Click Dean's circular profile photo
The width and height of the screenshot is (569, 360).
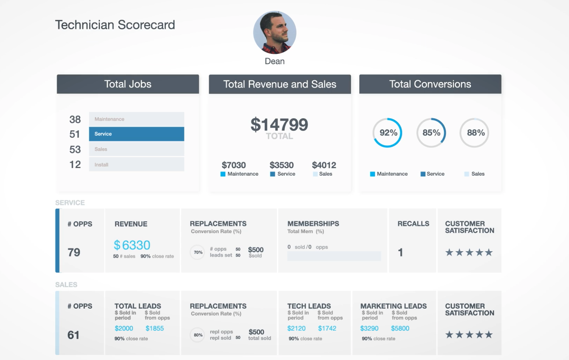click(x=275, y=33)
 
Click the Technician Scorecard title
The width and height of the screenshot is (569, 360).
click(x=115, y=25)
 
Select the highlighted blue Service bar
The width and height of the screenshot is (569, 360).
click(x=136, y=134)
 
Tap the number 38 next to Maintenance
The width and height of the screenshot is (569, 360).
click(x=75, y=119)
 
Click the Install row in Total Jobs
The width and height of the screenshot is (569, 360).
click(x=136, y=164)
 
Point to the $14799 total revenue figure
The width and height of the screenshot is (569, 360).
click(x=279, y=125)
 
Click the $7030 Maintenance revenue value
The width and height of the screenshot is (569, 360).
click(x=234, y=165)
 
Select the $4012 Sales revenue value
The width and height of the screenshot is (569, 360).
click(x=324, y=165)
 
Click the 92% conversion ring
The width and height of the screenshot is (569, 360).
click(x=388, y=133)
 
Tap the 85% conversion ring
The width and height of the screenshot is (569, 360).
click(x=431, y=133)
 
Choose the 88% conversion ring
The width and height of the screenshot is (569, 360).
click(x=475, y=133)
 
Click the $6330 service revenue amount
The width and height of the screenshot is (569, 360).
click(x=132, y=245)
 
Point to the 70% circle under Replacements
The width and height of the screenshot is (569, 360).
click(x=198, y=252)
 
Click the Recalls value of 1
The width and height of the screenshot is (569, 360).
click(x=400, y=252)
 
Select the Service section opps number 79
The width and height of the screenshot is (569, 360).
click(x=74, y=252)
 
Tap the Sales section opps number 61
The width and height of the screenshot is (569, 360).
click(x=73, y=335)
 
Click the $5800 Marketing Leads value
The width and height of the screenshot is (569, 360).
click(x=400, y=328)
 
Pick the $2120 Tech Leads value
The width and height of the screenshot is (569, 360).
click(x=296, y=328)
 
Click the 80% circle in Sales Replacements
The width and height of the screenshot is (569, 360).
click(x=198, y=335)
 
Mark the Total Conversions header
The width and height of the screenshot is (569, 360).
click(x=430, y=84)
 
